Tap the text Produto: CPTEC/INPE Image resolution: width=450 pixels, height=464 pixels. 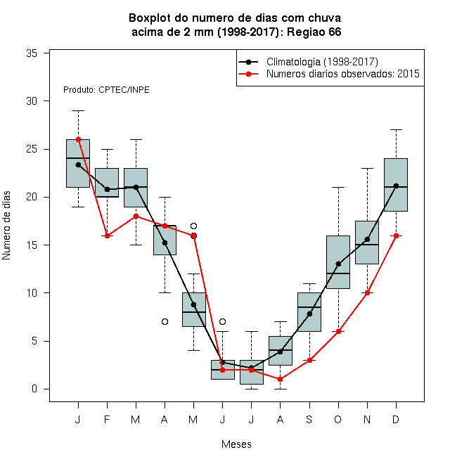coord(106,90)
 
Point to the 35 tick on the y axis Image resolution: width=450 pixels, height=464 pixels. coord(32,53)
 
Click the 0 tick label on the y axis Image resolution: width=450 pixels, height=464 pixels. coord(34,389)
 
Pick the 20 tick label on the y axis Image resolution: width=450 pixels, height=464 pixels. coord(32,197)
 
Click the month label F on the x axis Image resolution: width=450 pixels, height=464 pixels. coord(107,419)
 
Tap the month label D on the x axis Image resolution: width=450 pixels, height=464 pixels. coord(396,419)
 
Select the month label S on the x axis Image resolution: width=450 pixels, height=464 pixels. coord(309,419)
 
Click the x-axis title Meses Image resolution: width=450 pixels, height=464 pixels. coord(236,444)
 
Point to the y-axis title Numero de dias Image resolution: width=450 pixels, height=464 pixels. coord(6,226)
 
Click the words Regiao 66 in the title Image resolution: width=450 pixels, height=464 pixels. coord(314,32)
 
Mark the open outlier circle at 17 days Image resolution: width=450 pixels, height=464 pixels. coord(193,226)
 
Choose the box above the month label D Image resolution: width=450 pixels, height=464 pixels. coord(396,185)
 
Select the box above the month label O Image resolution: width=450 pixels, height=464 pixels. coord(338,262)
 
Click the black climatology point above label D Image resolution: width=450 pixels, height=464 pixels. coord(396,186)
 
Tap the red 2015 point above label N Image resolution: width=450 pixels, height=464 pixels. coord(367,293)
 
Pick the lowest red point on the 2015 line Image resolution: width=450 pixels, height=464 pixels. coord(280,379)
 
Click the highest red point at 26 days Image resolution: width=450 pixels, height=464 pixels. coord(79,139)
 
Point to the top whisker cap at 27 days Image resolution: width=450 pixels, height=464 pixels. coord(396,129)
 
